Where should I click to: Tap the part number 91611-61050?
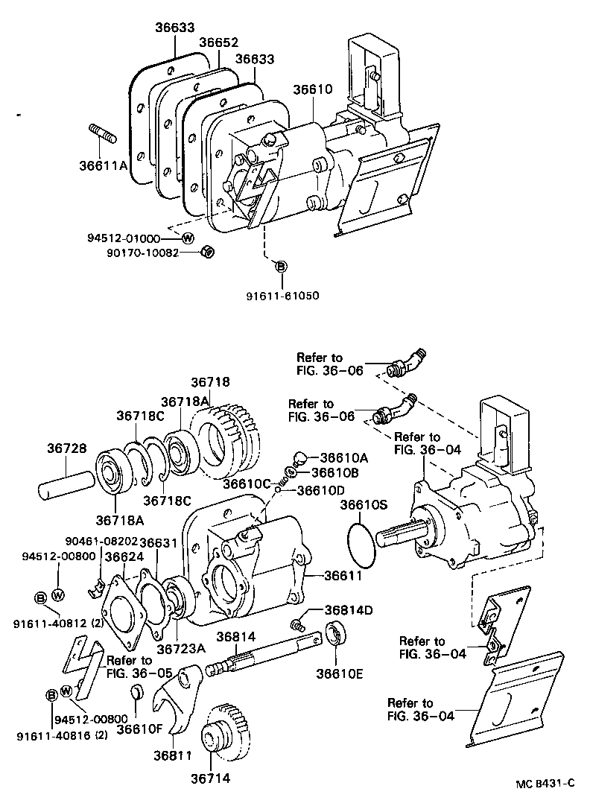coord(282,296)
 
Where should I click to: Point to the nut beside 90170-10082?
coord(209,253)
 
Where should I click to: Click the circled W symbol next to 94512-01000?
coord(188,238)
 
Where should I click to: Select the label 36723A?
coord(181,648)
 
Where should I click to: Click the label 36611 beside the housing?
coord(343,576)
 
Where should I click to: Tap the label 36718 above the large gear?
coord(211,381)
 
